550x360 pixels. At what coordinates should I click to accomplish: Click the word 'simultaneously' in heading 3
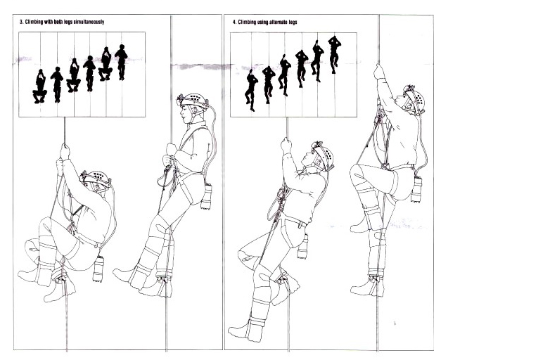[x=89, y=22]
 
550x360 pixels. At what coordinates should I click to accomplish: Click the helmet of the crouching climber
[x=96, y=179]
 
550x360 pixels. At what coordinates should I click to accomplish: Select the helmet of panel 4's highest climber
[x=415, y=100]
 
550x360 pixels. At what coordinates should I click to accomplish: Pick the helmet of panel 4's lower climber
[x=324, y=155]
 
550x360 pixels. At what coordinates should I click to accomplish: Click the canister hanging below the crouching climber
[x=98, y=269]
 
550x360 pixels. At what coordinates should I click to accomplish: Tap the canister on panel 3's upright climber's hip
[x=207, y=196]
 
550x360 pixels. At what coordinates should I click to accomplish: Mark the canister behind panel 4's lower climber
[x=303, y=246]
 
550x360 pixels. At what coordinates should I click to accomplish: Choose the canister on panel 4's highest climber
[x=416, y=190]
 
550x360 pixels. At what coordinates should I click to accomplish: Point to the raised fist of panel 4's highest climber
[x=378, y=72]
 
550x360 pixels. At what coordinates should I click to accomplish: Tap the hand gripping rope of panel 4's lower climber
[x=286, y=145]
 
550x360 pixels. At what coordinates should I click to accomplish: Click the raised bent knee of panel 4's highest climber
[x=357, y=172]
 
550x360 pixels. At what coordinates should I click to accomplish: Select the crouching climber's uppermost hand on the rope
[x=65, y=150]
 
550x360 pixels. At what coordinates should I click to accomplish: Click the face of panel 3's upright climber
[x=186, y=113]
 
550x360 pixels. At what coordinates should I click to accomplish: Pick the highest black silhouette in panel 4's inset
[x=335, y=55]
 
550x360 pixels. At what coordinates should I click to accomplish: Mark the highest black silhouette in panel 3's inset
[x=122, y=62]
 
